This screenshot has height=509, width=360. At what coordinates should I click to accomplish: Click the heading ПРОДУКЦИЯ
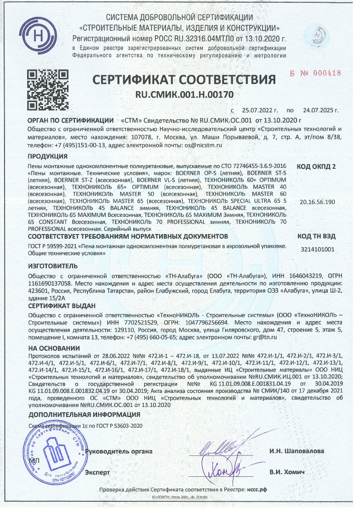(48, 157)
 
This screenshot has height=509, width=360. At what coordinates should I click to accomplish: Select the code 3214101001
(317, 249)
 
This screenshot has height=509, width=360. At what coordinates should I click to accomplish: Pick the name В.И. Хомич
(287, 472)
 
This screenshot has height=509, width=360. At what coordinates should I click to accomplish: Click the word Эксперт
(97, 472)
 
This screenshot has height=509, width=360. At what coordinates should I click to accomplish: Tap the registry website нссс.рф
(257, 490)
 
